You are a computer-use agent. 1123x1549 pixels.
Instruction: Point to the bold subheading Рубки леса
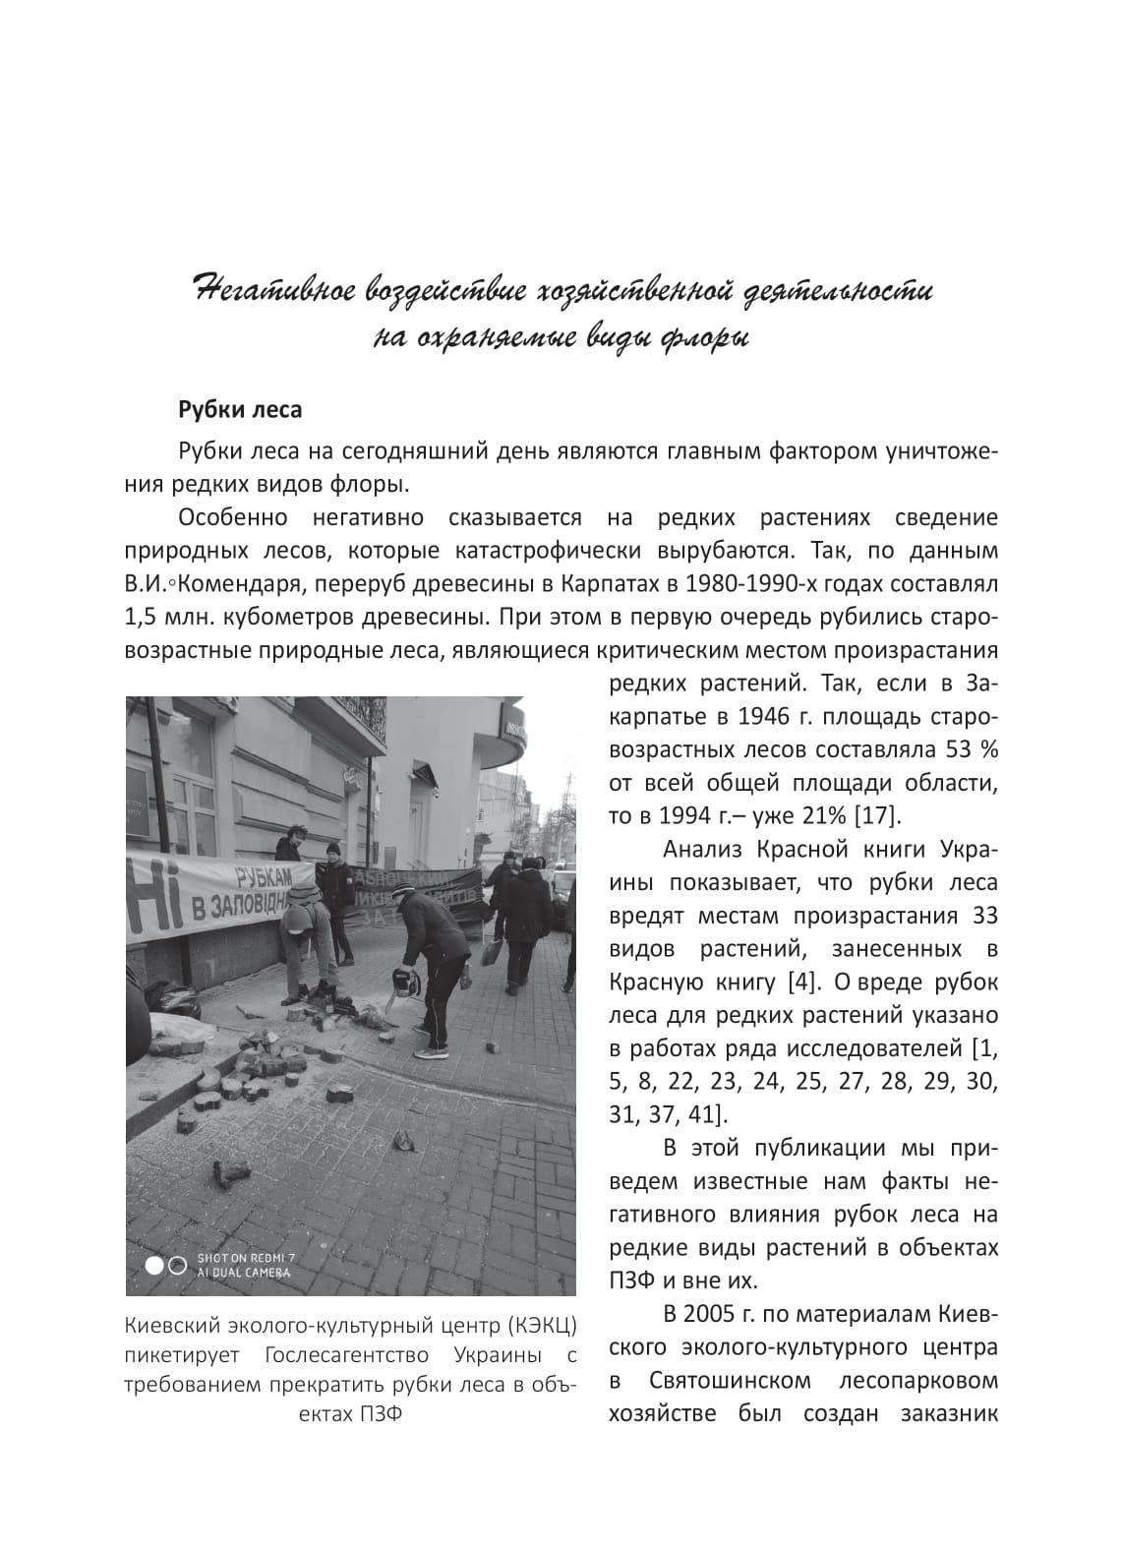(x=240, y=408)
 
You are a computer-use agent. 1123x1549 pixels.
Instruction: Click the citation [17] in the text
(x=882, y=815)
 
